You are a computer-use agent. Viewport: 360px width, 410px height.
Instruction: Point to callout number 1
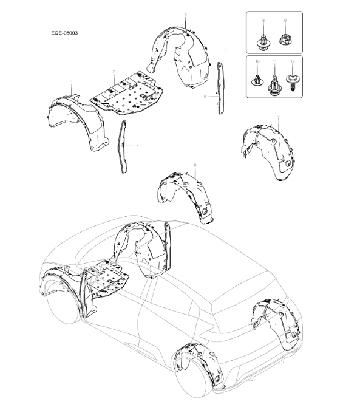[x=71, y=81]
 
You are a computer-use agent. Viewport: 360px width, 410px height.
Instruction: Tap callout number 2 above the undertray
[x=114, y=72]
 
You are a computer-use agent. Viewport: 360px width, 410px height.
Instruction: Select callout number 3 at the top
[x=185, y=13]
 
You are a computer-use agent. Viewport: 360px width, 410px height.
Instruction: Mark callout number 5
[x=206, y=96]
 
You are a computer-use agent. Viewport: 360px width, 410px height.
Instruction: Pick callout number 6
[x=195, y=165]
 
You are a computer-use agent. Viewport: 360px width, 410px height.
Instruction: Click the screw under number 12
[x=292, y=80]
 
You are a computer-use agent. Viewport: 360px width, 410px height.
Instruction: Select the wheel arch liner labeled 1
[x=76, y=121]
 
